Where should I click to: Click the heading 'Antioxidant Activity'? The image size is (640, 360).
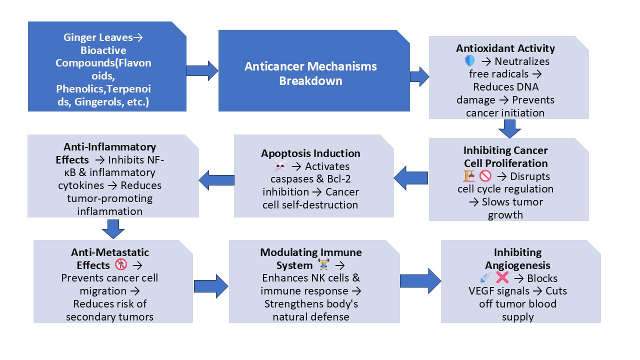[505, 48]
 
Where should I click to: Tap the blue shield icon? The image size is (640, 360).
[470, 61]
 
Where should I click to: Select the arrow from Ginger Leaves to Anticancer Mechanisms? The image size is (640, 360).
[202, 70]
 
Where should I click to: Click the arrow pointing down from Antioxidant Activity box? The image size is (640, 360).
[509, 129]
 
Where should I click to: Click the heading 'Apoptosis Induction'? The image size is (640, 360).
[310, 153]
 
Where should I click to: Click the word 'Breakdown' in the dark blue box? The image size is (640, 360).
[310, 80]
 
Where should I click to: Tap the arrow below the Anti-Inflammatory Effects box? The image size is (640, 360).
[113, 229]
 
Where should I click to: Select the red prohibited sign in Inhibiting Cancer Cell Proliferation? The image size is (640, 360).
[485, 176]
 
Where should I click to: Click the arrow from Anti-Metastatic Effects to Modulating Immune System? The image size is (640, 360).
[210, 285]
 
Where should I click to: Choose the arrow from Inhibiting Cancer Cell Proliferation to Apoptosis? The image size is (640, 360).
[411, 176]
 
